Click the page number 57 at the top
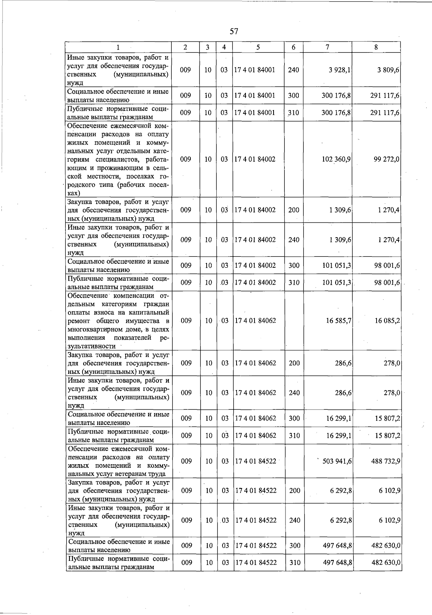point(234,31)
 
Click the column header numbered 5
point(258,47)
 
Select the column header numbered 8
point(376,47)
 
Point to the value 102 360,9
point(336,159)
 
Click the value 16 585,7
point(338,321)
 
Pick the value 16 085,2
point(387,321)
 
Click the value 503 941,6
point(337,461)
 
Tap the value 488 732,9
point(386,461)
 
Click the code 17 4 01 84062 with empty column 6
point(256,321)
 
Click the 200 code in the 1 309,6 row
point(294,210)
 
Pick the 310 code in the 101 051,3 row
point(294,282)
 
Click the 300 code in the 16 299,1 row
point(294,418)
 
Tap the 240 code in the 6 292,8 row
point(294,520)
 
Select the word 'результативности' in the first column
point(92,346)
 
